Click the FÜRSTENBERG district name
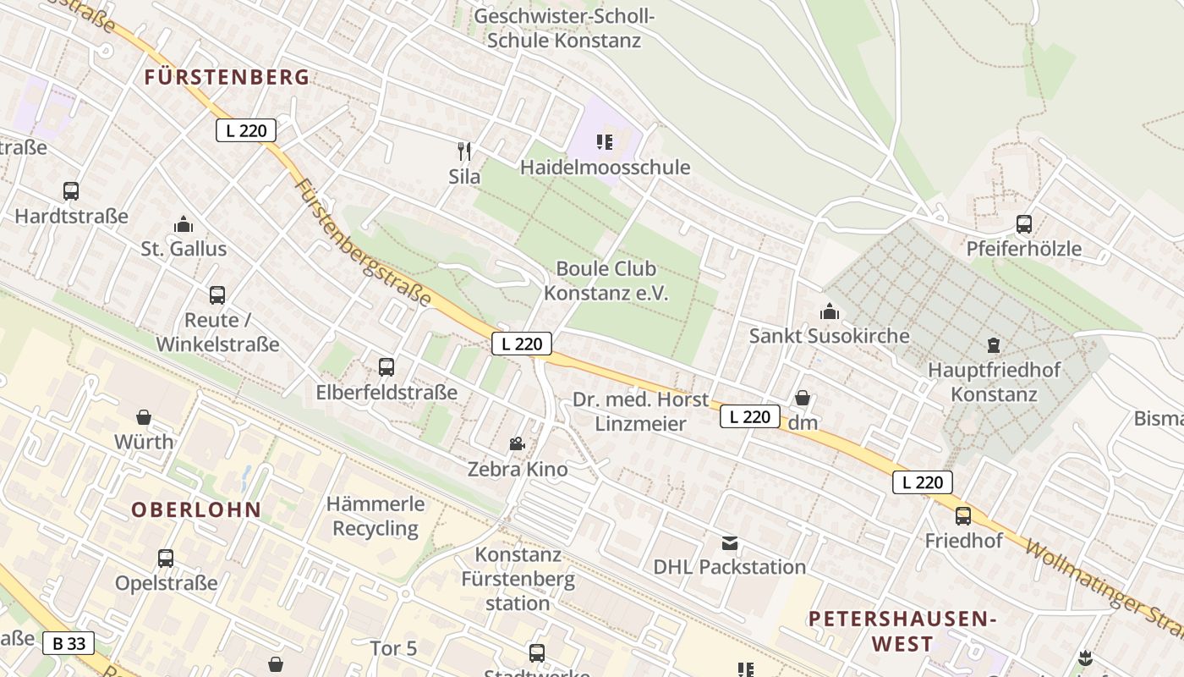tap(227, 77)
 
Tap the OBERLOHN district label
tap(196, 509)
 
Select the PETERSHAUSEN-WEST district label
tap(902, 630)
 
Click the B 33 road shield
tap(69, 643)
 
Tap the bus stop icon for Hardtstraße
tap(71, 191)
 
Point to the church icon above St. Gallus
tap(184, 224)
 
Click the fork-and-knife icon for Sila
tap(463, 151)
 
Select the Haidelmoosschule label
tap(605, 168)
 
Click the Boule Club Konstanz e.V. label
tap(606, 281)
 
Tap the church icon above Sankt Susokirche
tap(829, 311)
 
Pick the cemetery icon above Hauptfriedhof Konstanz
tap(993, 345)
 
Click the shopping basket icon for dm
tap(803, 398)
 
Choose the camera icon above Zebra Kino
tap(517, 443)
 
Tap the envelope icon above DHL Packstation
tap(729, 542)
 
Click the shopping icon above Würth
tap(144, 417)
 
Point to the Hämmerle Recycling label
tap(375, 516)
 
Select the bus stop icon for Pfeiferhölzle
tap(1023, 224)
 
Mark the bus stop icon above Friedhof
tap(962, 515)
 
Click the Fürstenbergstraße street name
tap(363, 243)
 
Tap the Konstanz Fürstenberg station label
tap(518, 579)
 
